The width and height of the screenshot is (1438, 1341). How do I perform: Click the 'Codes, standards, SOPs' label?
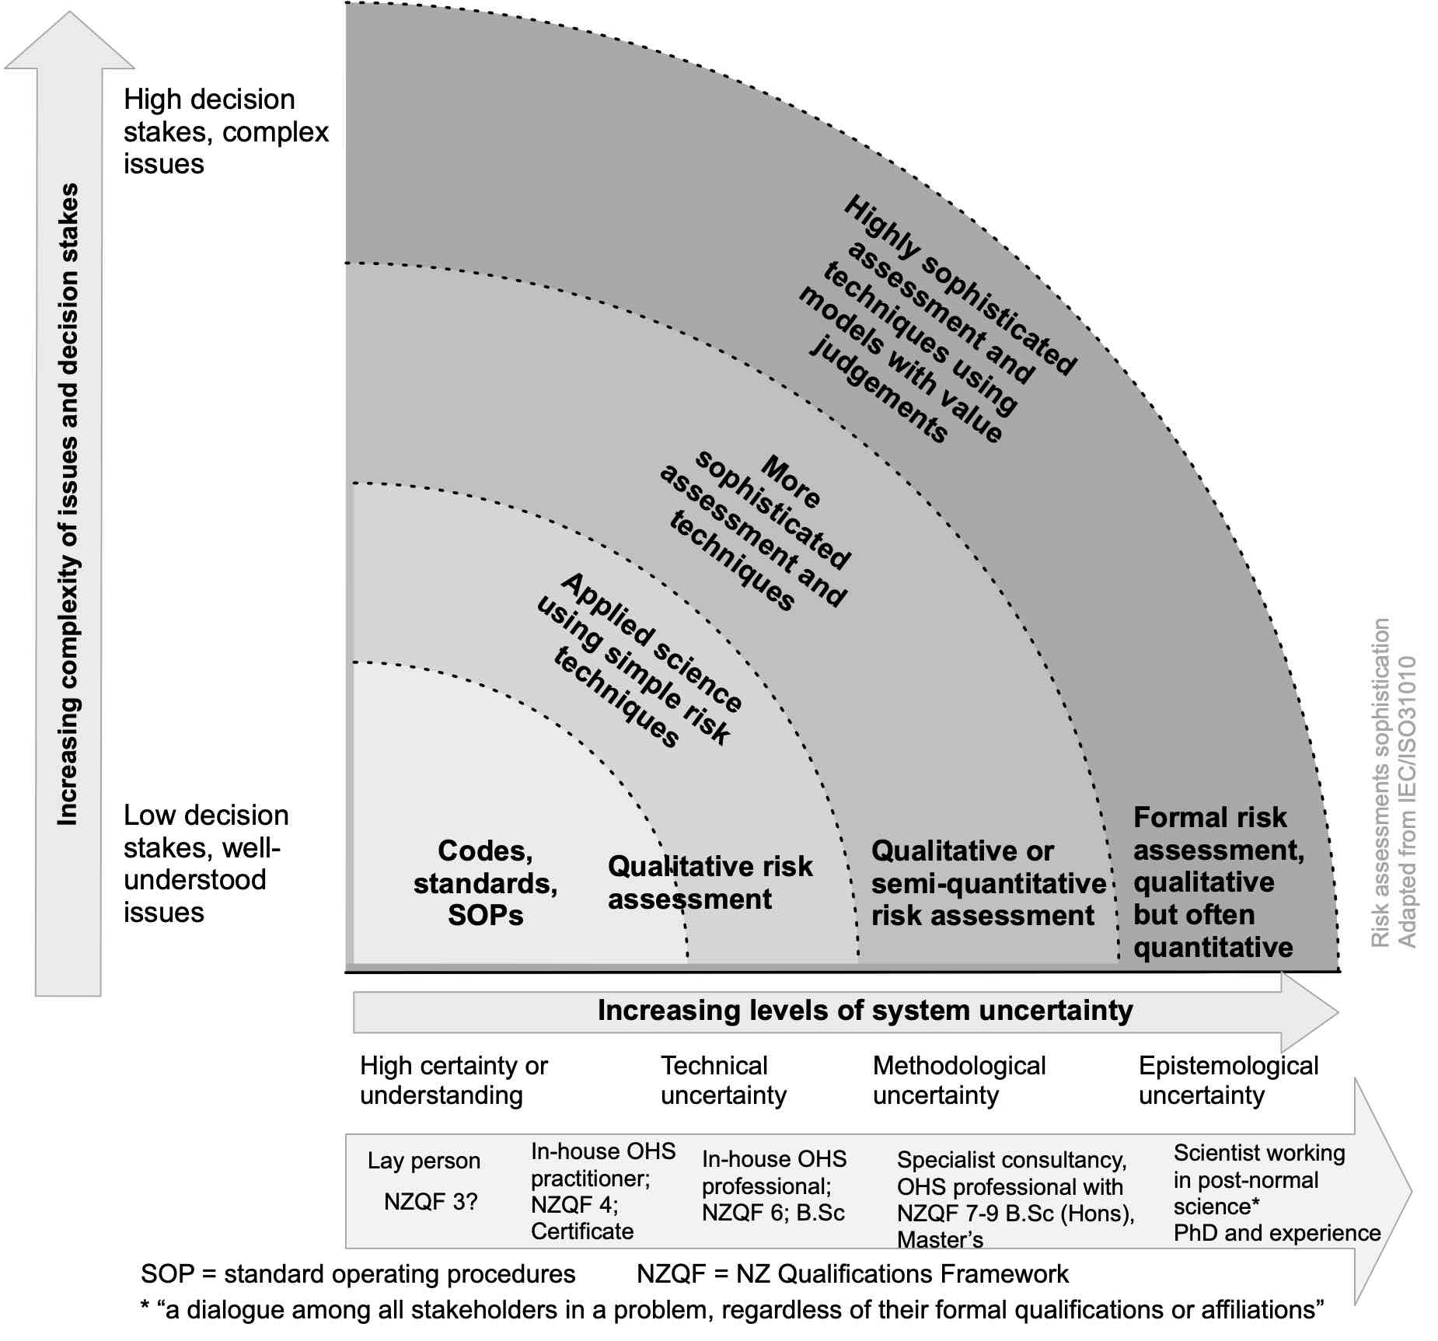485,882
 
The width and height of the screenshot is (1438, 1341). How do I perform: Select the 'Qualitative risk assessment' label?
710,882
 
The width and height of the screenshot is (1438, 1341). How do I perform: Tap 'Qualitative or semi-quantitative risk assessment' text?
988,883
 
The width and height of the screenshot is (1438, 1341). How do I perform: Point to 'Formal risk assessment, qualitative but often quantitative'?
1218,882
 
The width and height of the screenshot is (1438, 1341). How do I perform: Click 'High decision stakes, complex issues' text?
226,131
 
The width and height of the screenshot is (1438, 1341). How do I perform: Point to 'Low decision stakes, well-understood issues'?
206,863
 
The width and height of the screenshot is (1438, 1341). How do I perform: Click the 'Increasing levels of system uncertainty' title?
865,1010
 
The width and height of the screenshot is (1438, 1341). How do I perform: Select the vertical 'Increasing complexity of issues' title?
68,504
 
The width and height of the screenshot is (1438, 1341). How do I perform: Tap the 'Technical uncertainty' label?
724,1080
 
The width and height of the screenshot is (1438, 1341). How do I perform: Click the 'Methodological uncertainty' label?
959,1080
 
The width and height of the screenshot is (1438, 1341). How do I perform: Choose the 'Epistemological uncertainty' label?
1228,1080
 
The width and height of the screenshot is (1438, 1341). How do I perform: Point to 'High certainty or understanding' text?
454,1080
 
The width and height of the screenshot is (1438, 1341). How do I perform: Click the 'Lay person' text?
424,1161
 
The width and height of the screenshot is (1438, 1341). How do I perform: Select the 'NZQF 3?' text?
431,1202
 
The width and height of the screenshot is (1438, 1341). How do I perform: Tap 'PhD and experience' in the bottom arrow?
1277,1233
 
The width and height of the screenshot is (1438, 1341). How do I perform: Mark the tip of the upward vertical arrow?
69,11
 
